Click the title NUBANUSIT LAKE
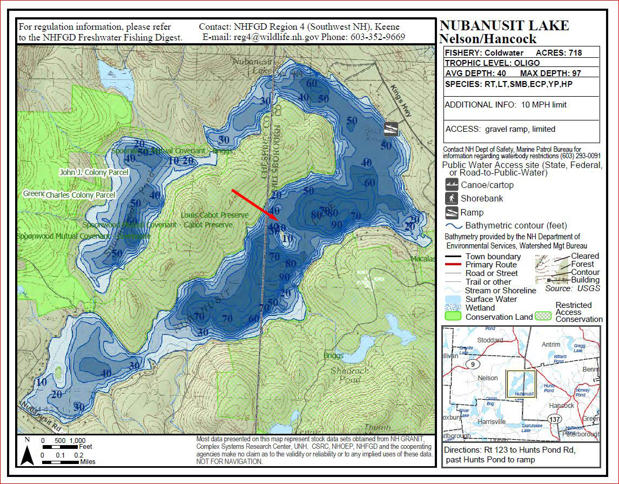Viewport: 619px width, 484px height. pyautogui.click(x=504, y=25)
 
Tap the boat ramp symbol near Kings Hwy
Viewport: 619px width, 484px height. pyautogui.click(x=391, y=129)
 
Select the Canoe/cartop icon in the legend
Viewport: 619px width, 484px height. pyautogui.click(x=452, y=185)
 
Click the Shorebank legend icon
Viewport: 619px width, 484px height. pyautogui.click(x=452, y=198)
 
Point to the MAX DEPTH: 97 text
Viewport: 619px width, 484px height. pyautogui.click(x=550, y=72)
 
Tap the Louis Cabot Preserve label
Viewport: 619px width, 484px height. pyautogui.click(x=214, y=215)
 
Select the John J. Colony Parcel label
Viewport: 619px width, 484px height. pyautogui.click(x=93, y=172)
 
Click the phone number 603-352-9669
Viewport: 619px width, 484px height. pyautogui.click(x=379, y=37)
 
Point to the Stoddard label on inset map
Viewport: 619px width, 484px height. pyautogui.click(x=489, y=340)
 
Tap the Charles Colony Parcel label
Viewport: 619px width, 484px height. pyautogui.click(x=80, y=194)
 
